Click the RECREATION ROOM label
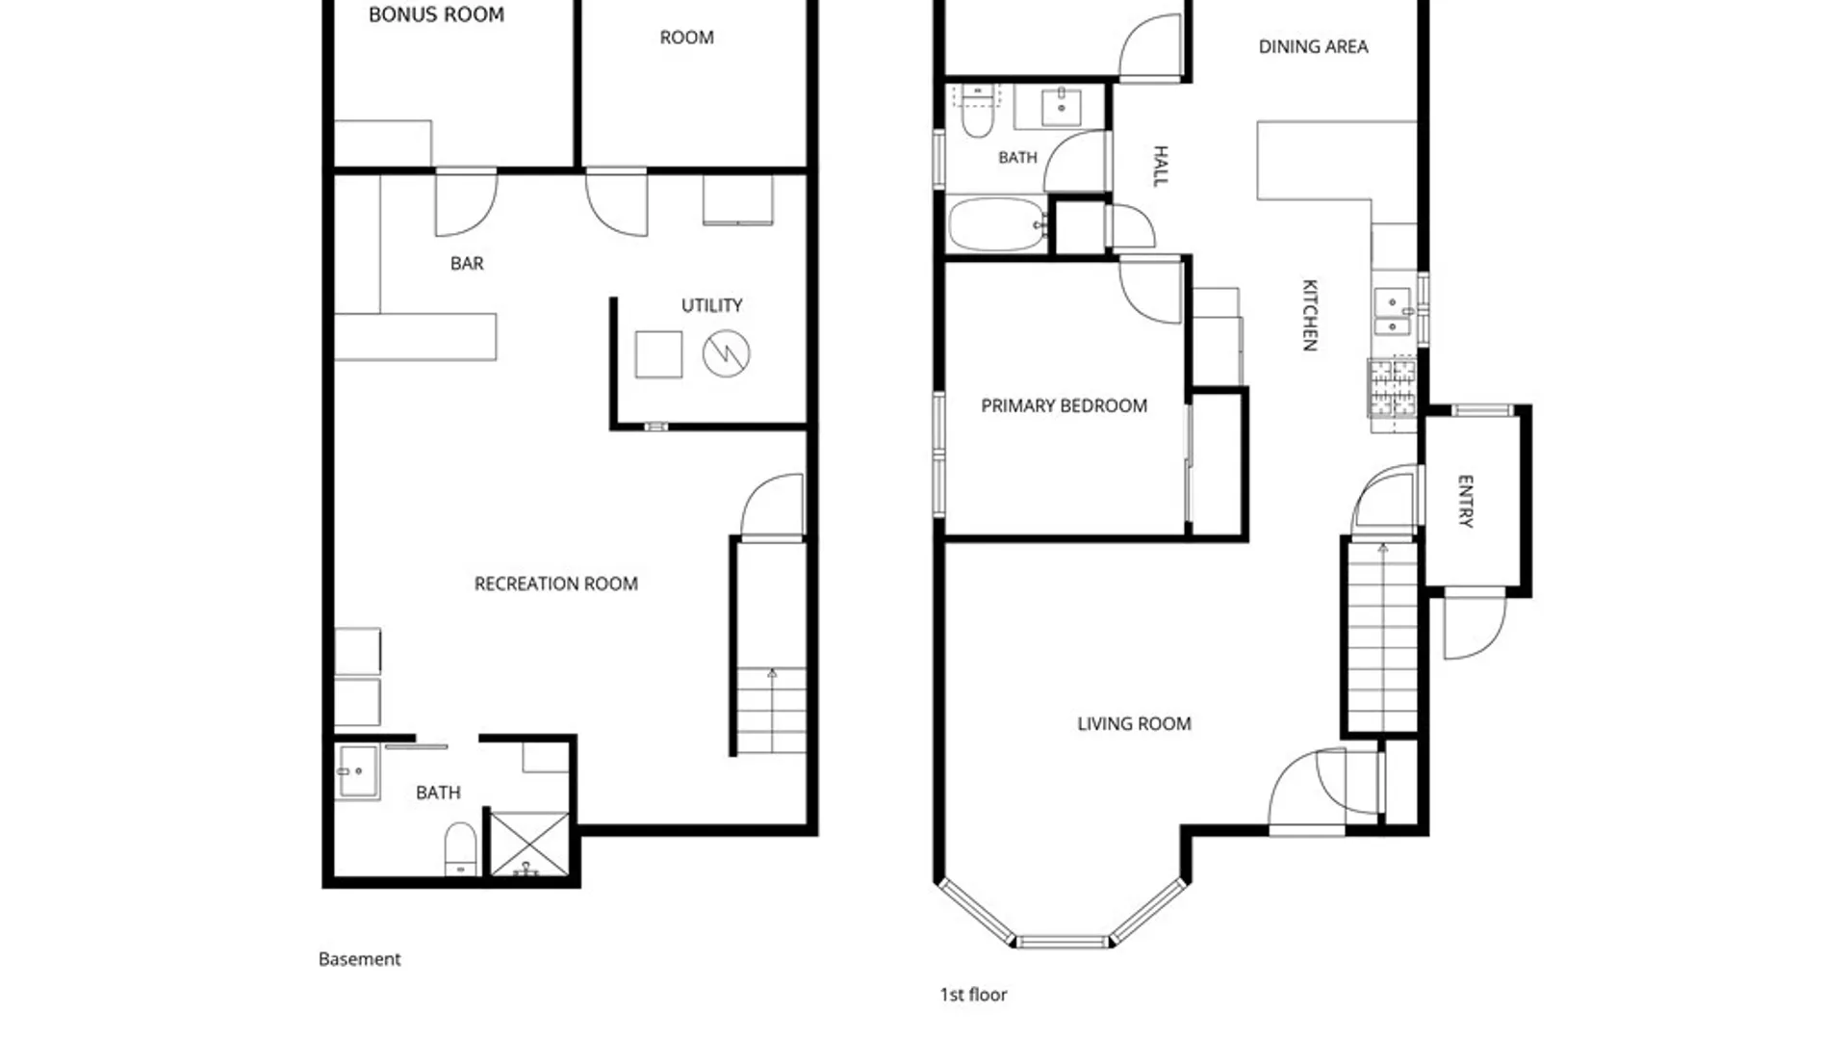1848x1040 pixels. coord(555,584)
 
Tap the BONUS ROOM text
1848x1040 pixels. coord(436,14)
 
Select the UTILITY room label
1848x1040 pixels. coord(711,305)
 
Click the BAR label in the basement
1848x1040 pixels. coord(467,263)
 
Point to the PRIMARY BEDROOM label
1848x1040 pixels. coord(1064,405)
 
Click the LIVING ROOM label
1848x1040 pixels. coord(1134,723)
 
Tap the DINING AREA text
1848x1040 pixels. coord(1313,46)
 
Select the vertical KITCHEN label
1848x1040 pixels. coord(1309,315)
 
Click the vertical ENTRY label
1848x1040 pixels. coord(1465,501)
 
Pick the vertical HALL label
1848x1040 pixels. coord(1160,166)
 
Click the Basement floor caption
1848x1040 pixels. coord(359,959)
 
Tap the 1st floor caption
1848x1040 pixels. coord(973,995)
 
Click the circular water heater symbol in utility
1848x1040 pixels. coord(726,353)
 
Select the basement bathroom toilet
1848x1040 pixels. coord(460,848)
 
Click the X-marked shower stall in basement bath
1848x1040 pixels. coord(529,845)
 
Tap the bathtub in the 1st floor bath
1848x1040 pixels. coord(998,224)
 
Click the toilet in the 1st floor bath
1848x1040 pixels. coord(977,112)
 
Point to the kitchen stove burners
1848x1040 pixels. coord(1393,387)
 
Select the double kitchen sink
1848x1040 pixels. coord(1392,312)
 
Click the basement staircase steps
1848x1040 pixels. coord(771,711)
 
